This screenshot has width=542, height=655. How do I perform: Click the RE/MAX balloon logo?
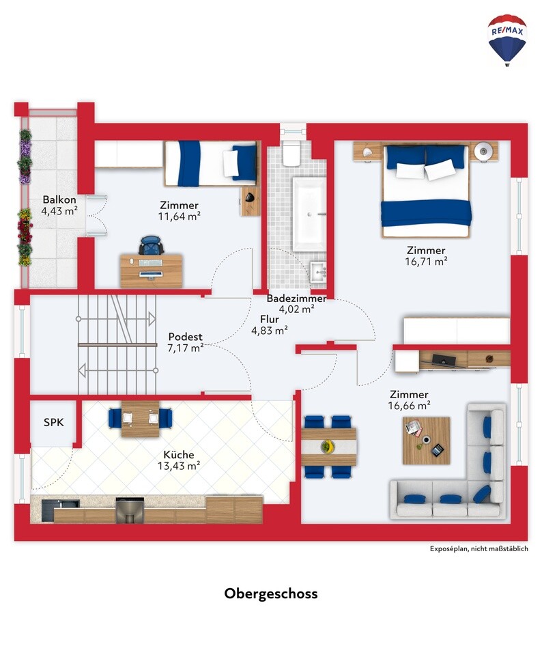pyautogui.click(x=507, y=40)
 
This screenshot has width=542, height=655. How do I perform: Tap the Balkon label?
pyautogui.click(x=59, y=199)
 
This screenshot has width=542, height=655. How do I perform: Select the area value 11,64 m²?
pyautogui.click(x=179, y=216)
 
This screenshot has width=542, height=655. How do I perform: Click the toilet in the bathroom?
pyautogui.click(x=291, y=153)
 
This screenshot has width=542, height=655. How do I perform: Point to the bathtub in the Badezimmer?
pyautogui.click(x=309, y=214)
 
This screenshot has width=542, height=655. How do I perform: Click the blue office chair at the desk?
pyautogui.click(x=151, y=246)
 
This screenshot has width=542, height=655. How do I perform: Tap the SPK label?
pyautogui.click(x=54, y=422)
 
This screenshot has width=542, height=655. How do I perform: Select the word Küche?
pyautogui.click(x=179, y=454)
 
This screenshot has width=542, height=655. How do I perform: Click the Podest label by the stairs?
pyautogui.click(x=186, y=337)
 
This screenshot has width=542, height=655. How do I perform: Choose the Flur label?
pyautogui.click(x=270, y=320)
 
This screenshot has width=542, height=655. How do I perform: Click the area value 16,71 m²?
pyautogui.click(x=427, y=262)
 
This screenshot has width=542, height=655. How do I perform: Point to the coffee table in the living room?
pyautogui.click(x=427, y=441)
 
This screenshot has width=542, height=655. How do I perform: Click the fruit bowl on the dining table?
pyautogui.click(x=328, y=447)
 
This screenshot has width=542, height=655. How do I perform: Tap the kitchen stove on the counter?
pyautogui.click(x=130, y=510)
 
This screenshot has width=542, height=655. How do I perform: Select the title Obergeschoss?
pyautogui.click(x=271, y=594)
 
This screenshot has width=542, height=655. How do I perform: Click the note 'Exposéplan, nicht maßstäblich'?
pyautogui.click(x=479, y=549)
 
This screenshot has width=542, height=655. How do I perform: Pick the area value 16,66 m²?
pyautogui.click(x=409, y=405)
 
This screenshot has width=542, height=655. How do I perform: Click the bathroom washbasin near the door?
pyautogui.click(x=318, y=273)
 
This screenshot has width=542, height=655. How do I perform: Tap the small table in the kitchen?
pyautogui.click(x=140, y=419)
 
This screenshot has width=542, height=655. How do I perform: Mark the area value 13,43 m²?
pyautogui.click(x=179, y=466)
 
